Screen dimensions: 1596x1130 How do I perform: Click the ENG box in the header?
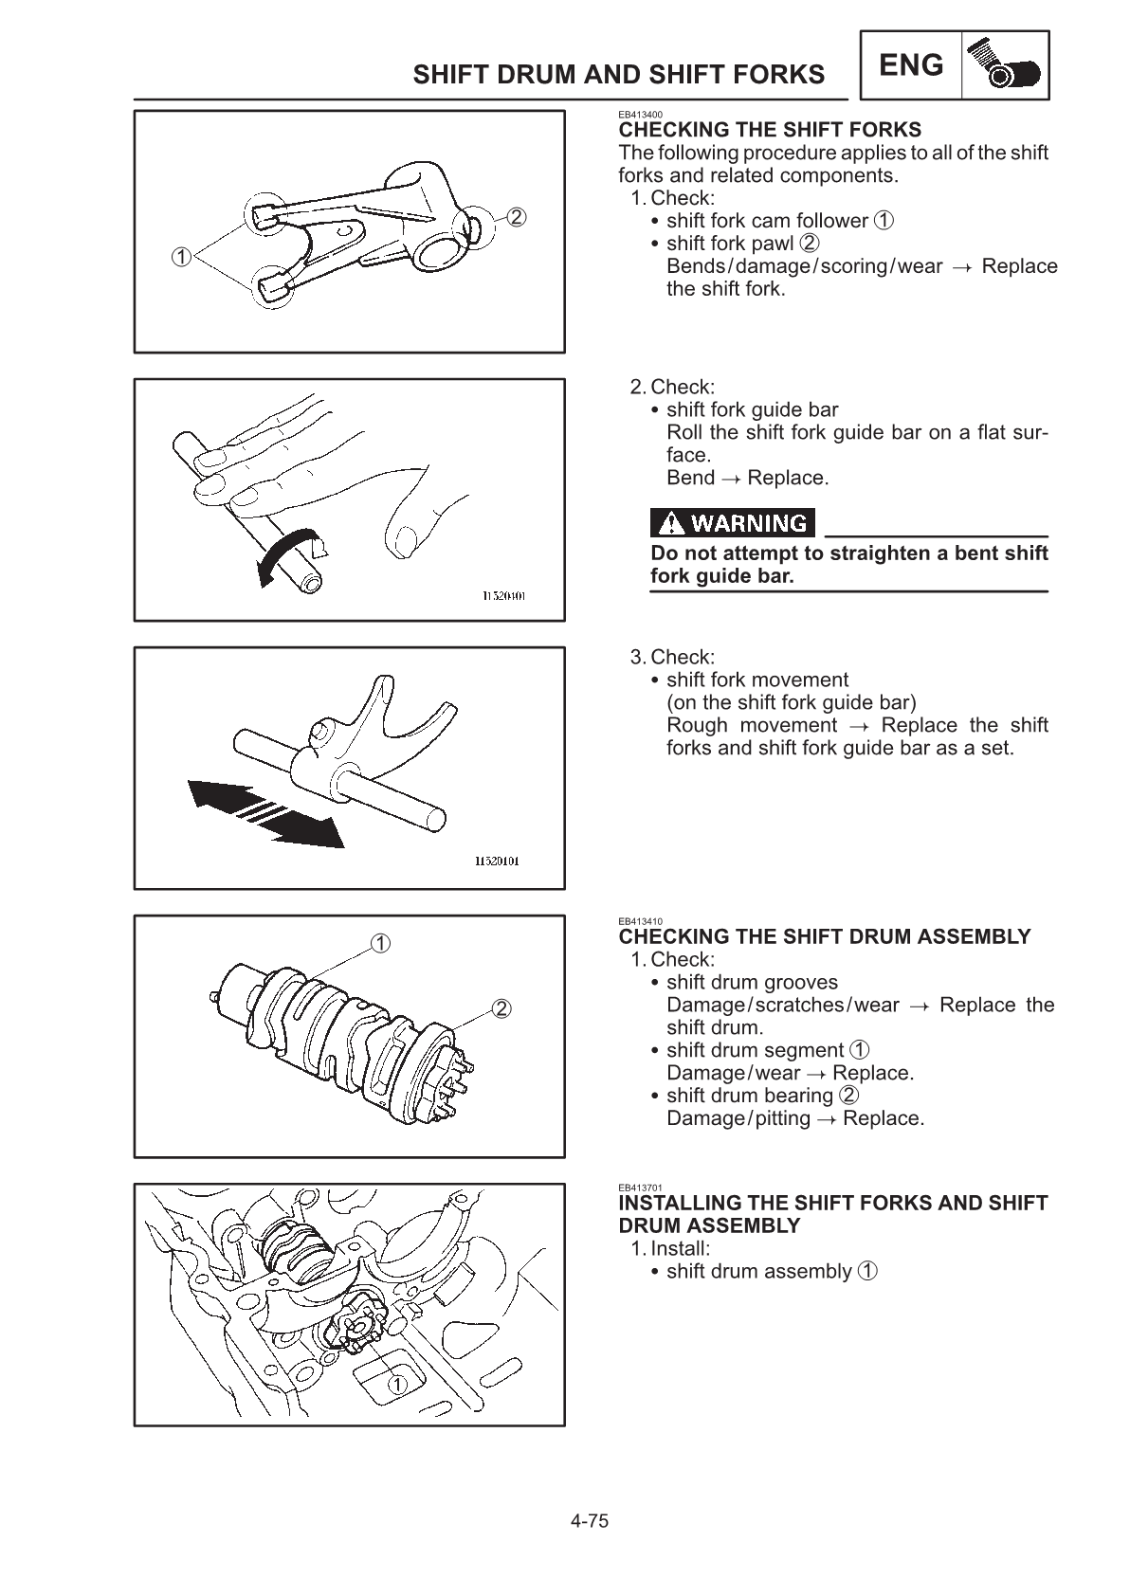[x=911, y=65]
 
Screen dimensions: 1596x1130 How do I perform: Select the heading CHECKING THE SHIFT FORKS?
[x=769, y=130]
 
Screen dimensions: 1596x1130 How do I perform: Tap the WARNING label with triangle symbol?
[x=733, y=523]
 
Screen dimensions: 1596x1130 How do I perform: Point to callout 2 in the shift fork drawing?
[x=516, y=217]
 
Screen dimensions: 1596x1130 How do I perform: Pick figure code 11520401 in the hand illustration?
[x=503, y=595]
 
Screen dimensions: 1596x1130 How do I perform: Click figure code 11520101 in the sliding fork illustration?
[x=496, y=861]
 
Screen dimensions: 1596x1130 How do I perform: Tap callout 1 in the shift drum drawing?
[x=379, y=943]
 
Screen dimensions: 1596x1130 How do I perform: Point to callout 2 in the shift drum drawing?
[x=501, y=1007]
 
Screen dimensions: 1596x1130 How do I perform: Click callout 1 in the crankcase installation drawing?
[x=397, y=1384]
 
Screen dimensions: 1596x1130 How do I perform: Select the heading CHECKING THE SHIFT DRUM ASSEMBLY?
[x=824, y=937]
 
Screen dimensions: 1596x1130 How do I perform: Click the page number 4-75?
[x=589, y=1522]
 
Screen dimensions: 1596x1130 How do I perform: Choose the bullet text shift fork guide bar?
[x=752, y=409]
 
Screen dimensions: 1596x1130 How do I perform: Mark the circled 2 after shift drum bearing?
[x=849, y=1096]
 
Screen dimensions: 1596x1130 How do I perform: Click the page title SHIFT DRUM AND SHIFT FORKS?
[x=618, y=75]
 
